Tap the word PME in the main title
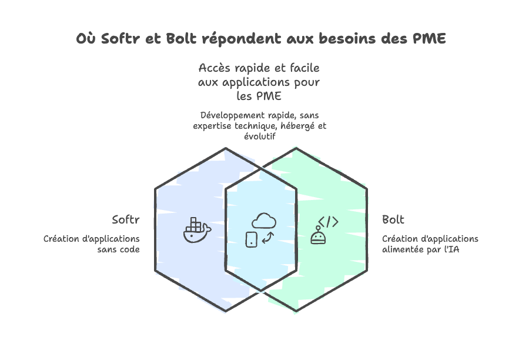429,39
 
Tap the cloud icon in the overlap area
263,221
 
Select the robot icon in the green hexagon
318,236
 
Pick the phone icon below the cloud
251,239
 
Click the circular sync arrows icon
268,238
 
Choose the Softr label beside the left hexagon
126,220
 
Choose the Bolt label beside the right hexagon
393,220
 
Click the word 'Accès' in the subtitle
214,68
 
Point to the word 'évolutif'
260,136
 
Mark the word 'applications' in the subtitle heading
254,82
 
